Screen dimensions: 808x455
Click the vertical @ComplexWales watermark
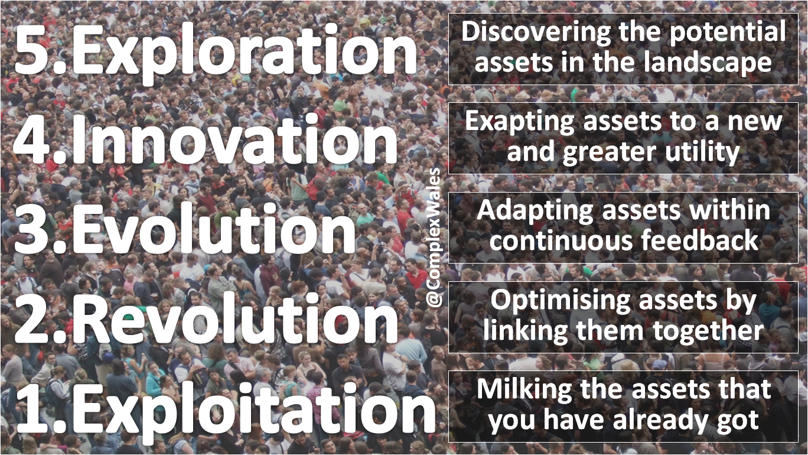pos(434,239)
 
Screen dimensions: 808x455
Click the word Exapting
pos(520,121)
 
